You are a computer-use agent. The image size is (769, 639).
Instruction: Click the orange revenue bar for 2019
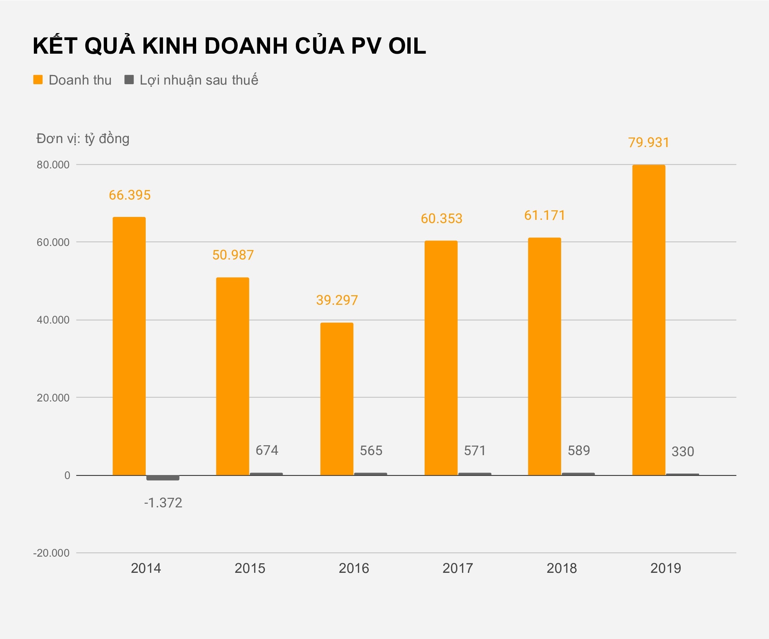point(648,320)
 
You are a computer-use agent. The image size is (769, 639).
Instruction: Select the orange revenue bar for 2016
point(337,399)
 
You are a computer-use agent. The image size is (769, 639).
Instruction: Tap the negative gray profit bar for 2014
point(163,478)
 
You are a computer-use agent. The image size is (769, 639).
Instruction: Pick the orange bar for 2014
point(129,346)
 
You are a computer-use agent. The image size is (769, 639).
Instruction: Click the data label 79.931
point(648,143)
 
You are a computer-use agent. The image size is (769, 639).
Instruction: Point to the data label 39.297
point(337,300)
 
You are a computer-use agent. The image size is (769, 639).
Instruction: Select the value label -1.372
point(163,503)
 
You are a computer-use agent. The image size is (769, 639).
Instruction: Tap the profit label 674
point(267,450)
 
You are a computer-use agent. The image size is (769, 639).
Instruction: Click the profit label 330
point(683,451)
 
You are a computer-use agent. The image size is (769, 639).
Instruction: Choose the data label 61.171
point(545,215)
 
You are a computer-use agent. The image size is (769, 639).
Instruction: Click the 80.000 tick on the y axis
point(53,165)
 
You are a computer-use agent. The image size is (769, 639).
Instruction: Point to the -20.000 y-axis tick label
point(51,553)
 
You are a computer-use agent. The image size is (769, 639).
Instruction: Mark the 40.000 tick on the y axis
point(53,320)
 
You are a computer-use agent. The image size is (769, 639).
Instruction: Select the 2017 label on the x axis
point(458,568)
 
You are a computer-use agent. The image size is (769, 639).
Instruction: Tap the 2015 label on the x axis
point(250,568)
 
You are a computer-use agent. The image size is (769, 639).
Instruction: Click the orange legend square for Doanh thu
point(38,80)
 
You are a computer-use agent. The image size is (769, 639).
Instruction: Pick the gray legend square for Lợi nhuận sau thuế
point(129,80)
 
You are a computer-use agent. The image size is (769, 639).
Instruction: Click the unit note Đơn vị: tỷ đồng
point(83,139)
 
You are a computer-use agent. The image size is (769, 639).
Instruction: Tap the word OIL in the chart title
point(407,46)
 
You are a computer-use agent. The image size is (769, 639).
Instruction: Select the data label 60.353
point(441,219)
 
